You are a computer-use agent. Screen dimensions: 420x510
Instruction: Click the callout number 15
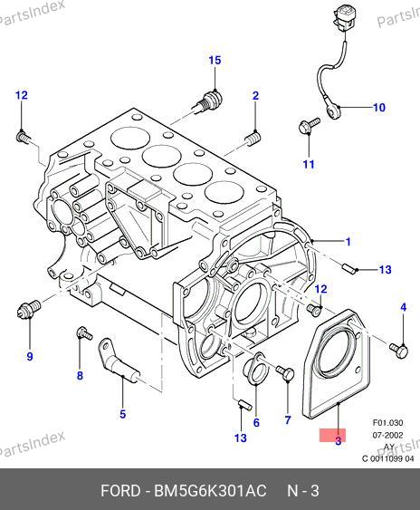(x=215, y=60)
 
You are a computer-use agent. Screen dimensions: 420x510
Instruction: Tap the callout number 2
(x=256, y=96)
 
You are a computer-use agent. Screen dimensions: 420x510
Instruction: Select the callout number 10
(x=379, y=107)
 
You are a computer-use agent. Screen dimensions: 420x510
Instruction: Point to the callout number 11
(x=309, y=164)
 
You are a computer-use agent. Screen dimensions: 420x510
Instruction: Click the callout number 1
(x=348, y=242)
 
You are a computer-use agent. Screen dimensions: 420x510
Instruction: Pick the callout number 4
(x=403, y=307)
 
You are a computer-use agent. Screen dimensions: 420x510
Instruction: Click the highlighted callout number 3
(x=338, y=441)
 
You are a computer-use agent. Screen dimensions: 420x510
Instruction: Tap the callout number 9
(x=30, y=357)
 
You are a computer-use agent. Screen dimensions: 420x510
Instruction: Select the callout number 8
(x=80, y=376)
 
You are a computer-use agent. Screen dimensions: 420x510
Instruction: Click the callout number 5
(x=122, y=414)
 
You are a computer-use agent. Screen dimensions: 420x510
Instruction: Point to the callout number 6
(x=256, y=422)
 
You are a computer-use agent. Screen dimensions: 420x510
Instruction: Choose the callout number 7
(x=288, y=420)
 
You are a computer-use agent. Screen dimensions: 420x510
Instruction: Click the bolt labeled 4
(x=399, y=350)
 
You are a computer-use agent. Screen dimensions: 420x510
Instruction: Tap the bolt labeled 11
(x=308, y=126)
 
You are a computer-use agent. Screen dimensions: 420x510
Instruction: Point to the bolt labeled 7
(x=285, y=372)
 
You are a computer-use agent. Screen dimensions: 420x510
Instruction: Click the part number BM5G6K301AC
(x=210, y=491)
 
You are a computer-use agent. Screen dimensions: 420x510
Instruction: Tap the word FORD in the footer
(x=120, y=491)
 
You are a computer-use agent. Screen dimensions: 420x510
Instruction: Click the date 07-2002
(x=387, y=435)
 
